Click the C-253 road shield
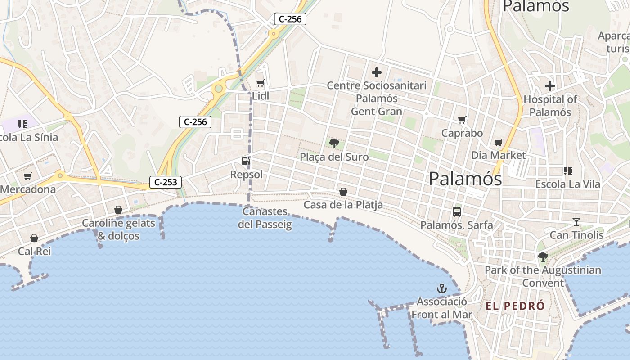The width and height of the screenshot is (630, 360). pos(166,182)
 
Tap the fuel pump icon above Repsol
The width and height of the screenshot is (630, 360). pos(246,161)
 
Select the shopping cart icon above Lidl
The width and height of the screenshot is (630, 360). pos(260,83)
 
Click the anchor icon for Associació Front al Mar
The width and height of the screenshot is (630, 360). pos(442,288)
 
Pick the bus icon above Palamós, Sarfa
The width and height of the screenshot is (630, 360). pos(457,211)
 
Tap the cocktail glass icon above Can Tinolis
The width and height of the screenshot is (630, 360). pos(576,221)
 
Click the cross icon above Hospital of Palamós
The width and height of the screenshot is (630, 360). pos(550,86)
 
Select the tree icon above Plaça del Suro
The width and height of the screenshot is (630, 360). pos(334,144)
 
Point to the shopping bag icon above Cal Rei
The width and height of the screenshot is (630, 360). pos(34,238)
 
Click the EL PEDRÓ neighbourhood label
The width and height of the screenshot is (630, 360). pos(515,306)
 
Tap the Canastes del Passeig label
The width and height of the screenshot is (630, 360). pos(265,218)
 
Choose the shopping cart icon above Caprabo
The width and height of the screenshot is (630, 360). pos(462,120)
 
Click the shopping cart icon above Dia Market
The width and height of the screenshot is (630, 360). pos(498,142)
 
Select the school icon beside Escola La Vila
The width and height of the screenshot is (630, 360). pos(567,171)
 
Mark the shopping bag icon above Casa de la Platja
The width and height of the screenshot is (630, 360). pos(343,192)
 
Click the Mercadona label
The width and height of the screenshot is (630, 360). pos(28,189)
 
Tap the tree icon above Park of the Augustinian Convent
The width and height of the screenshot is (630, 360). pos(543,257)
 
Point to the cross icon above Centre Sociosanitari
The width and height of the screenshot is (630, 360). pos(377,72)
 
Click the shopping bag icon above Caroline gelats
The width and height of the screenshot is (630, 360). pos(118,210)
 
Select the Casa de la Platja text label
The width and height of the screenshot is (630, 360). pos(343,205)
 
